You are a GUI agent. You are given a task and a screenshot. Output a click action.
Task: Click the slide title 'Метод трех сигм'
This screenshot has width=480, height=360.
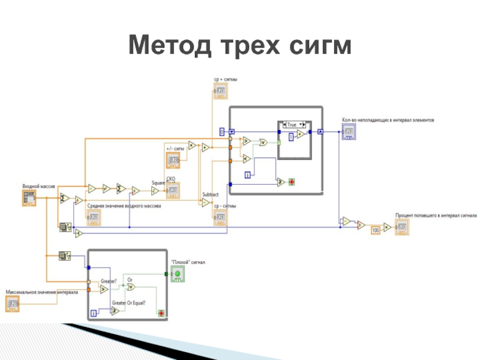point(239,45)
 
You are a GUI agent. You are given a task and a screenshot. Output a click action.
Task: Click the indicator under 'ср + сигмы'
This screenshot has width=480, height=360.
point(220,92)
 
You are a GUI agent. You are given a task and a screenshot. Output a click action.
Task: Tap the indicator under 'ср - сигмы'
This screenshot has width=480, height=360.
point(220,217)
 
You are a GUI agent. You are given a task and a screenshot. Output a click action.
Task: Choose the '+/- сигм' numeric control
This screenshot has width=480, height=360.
point(173,160)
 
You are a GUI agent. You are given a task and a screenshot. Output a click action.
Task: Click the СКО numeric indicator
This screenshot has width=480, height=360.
point(172,191)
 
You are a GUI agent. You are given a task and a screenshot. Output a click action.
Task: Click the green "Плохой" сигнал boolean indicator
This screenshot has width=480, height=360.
point(178,275)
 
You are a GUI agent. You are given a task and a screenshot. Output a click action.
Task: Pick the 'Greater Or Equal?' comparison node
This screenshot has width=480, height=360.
point(122,310)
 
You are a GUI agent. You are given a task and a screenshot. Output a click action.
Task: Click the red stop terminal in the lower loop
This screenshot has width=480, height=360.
point(161,313)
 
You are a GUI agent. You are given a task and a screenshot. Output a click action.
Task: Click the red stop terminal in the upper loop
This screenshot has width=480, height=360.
point(292,181)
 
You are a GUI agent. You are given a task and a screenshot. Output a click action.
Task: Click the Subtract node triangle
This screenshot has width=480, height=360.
point(206,203)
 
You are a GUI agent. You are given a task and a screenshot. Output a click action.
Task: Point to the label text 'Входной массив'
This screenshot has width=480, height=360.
point(38,187)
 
